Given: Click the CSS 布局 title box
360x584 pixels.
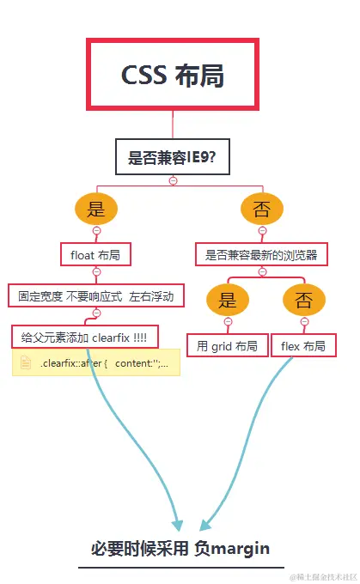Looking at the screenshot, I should (173, 74).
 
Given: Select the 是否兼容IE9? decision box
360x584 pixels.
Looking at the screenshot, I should (173, 157).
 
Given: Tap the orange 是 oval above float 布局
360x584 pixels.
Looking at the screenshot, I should (96, 209).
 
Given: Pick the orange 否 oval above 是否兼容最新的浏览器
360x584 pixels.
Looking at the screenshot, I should (261, 209).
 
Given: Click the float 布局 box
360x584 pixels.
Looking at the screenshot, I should (96, 254).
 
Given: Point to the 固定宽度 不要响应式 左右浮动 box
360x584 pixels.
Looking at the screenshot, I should (96, 296).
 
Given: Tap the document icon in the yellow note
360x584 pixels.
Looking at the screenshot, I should (26, 363).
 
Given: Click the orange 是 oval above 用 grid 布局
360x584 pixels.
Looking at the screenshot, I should (228, 300).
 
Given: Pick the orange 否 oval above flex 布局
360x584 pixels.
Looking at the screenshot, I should (304, 300).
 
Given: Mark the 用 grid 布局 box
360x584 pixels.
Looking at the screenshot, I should (228, 346).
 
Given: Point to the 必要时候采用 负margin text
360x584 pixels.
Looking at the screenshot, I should (180, 548).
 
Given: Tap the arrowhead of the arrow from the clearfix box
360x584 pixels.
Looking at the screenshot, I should (177, 524).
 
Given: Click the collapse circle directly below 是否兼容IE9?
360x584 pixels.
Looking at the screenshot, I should (173, 180).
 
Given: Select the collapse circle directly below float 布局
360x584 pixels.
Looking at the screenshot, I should (96, 271).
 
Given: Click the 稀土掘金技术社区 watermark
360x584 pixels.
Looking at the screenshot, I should (322, 575).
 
